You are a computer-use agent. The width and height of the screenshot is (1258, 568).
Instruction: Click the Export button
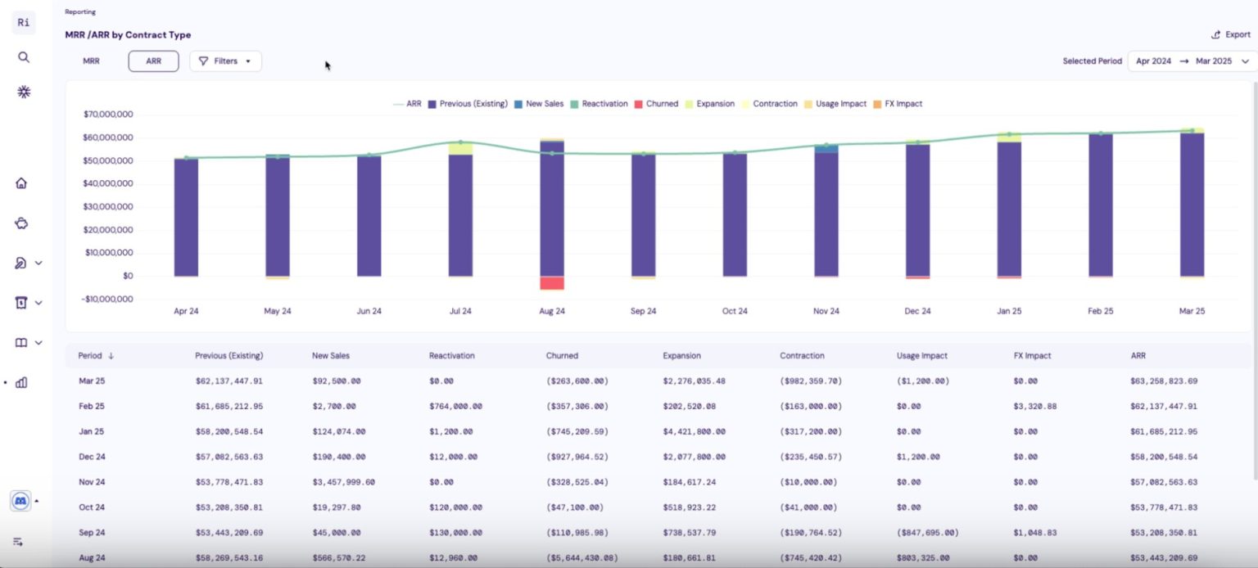click(1231, 34)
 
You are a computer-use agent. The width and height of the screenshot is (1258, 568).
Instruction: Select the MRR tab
click(91, 61)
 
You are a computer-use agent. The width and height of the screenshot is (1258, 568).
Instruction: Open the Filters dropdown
click(225, 61)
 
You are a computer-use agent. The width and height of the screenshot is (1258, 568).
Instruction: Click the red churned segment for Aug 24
click(552, 283)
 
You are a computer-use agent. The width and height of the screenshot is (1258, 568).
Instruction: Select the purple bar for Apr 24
click(186, 217)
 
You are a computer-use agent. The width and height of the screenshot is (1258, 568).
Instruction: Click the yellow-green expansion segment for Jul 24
click(460, 148)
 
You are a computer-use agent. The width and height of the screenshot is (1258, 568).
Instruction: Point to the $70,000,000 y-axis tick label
click(108, 115)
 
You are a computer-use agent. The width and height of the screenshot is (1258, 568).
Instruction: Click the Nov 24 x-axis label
click(826, 311)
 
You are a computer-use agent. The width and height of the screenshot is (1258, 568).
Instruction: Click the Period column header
click(91, 356)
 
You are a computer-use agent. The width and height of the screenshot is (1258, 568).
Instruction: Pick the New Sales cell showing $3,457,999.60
click(343, 482)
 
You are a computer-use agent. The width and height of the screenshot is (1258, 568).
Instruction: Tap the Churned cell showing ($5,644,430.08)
click(581, 558)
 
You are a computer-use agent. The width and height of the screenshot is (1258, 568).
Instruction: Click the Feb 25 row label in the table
click(91, 406)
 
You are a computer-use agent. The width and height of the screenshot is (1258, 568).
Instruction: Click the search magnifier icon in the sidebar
click(24, 57)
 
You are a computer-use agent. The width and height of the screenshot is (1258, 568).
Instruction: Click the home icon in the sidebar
click(22, 183)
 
